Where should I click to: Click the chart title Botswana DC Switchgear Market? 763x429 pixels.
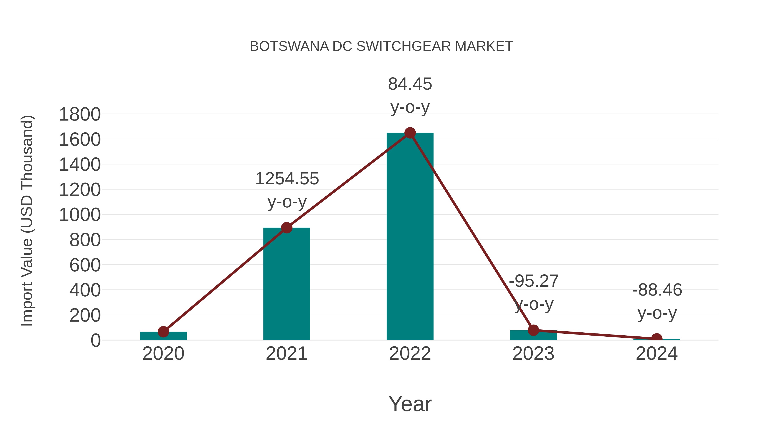pyautogui.click(x=381, y=46)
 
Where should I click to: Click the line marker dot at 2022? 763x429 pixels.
pyautogui.click(x=410, y=133)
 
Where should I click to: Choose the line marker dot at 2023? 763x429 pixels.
pyautogui.click(x=533, y=330)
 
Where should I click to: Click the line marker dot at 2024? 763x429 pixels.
pyautogui.click(x=657, y=338)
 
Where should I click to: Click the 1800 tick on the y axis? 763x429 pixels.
pyautogui.click(x=80, y=115)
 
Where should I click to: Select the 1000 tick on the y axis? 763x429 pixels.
pyautogui.click(x=80, y=215)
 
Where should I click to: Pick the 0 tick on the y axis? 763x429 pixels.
pyautogui.click(x=95, y=340)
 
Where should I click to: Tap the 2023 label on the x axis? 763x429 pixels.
pyautogui.click(x=533, y=354)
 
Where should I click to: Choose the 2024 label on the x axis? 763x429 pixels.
pyautogui.click(x=657, y=354)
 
